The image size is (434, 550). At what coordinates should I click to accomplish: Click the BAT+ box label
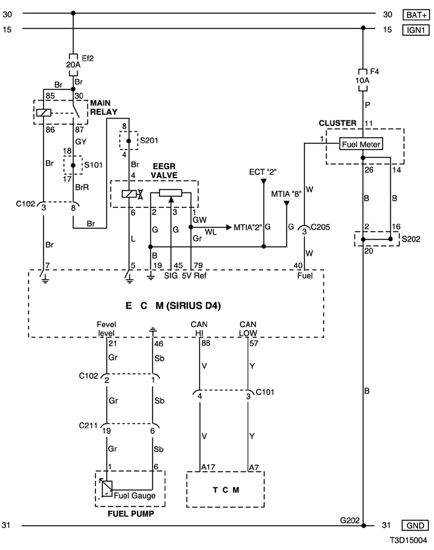tap(416, 15)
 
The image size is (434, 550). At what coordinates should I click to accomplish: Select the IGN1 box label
tap(416, 30)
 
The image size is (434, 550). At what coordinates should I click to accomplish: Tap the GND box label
tap(415, 525)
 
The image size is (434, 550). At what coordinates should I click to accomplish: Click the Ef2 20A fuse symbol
tap(73, 65)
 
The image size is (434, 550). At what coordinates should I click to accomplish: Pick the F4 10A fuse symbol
tap(363, 80)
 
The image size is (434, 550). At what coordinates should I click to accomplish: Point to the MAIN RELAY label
tap(104, 107)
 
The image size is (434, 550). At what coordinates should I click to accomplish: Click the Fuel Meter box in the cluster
tap(361, 144)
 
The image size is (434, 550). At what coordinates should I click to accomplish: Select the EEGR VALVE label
tap(164, 171)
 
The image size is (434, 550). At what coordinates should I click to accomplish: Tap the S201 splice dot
tap(128, 141)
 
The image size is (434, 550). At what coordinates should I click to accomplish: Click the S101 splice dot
tap(73, 165)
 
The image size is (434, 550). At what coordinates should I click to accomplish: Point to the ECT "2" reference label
tap(263, 172)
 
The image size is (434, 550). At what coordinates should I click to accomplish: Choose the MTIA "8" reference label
tap(286, 194)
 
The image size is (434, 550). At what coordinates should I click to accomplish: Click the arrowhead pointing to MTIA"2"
tap(229, 227)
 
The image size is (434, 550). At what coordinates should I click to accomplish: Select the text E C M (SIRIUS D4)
tap(173, 306)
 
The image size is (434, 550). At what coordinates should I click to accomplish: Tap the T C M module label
tap(226, 490)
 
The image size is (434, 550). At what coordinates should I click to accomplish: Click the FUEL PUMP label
tap(131, 514)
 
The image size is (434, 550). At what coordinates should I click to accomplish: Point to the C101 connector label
tap(265, 392)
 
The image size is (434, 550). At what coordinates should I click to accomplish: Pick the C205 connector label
tap(320, 227)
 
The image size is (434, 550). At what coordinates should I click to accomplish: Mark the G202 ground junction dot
tap(363, 525)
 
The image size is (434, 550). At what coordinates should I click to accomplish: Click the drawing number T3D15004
tap(409, 541)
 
